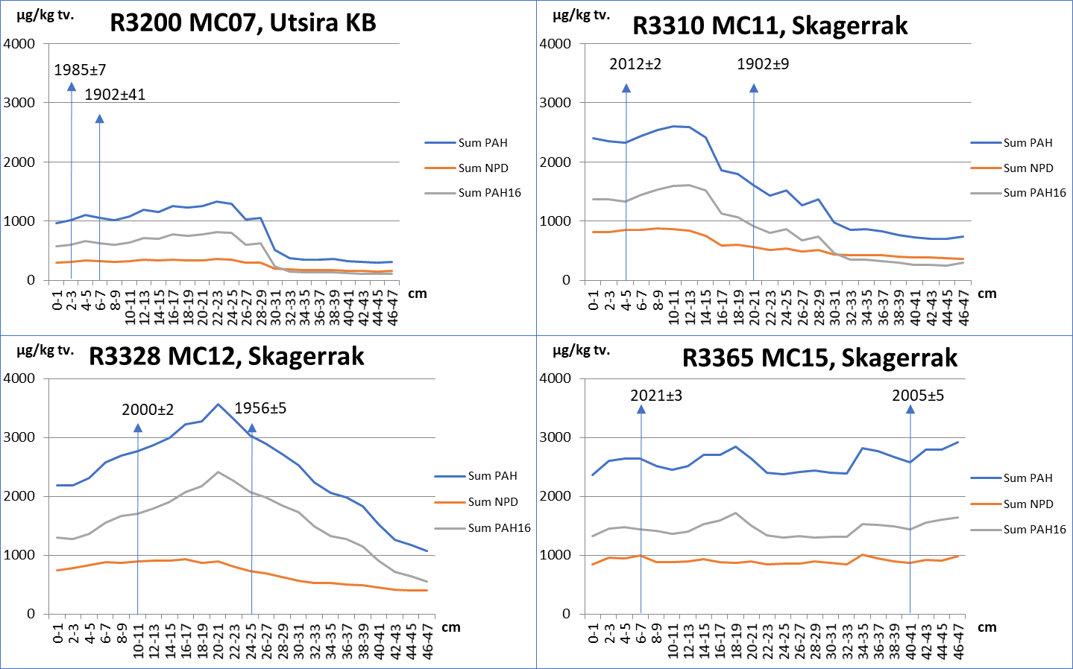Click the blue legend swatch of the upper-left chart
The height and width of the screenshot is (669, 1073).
[x=440, y=142]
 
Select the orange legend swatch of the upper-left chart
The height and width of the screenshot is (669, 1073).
[x=440, y=168]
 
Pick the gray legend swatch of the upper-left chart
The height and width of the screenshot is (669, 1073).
[x=440, y=194]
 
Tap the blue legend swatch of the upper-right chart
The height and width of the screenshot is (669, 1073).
[x=986, y=142]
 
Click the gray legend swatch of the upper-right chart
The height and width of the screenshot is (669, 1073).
[x=986, y=194]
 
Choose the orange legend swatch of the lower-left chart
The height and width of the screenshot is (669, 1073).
[x=450, y=503]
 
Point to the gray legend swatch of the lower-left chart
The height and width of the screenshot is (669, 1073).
[x=450, y=529]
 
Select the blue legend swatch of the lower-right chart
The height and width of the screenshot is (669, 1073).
[x=986, y=478]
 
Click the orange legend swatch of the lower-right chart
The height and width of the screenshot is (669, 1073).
[x=986, y=504]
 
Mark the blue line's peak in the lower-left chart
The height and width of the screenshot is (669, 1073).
[x=218, y=404]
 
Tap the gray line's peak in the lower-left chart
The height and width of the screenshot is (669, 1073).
[x=218, y=472]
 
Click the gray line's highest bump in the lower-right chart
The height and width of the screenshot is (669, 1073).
[x=736, y=513]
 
